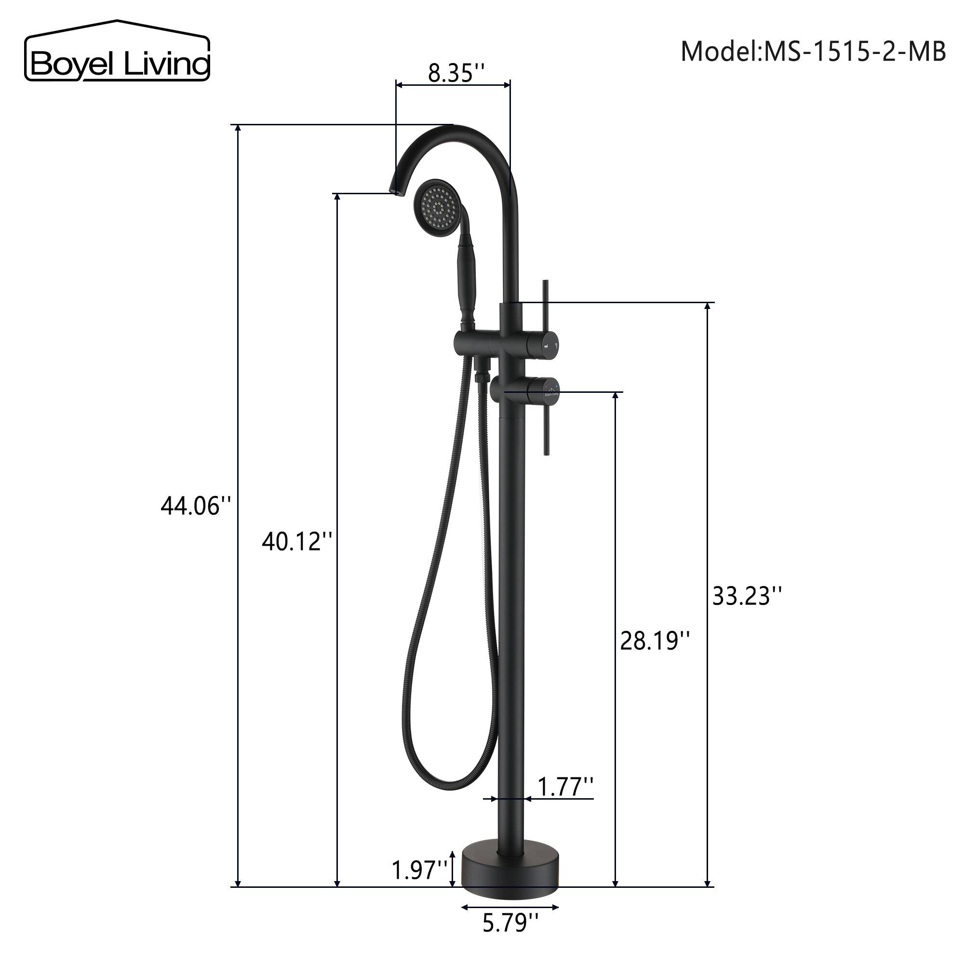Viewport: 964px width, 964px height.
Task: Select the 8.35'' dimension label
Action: tap(456, 73)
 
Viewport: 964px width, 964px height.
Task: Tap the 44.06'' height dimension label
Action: tap(196, 507)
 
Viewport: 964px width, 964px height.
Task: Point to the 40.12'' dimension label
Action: tap(297, 541)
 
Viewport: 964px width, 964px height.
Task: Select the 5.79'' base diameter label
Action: tap(510, 937)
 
